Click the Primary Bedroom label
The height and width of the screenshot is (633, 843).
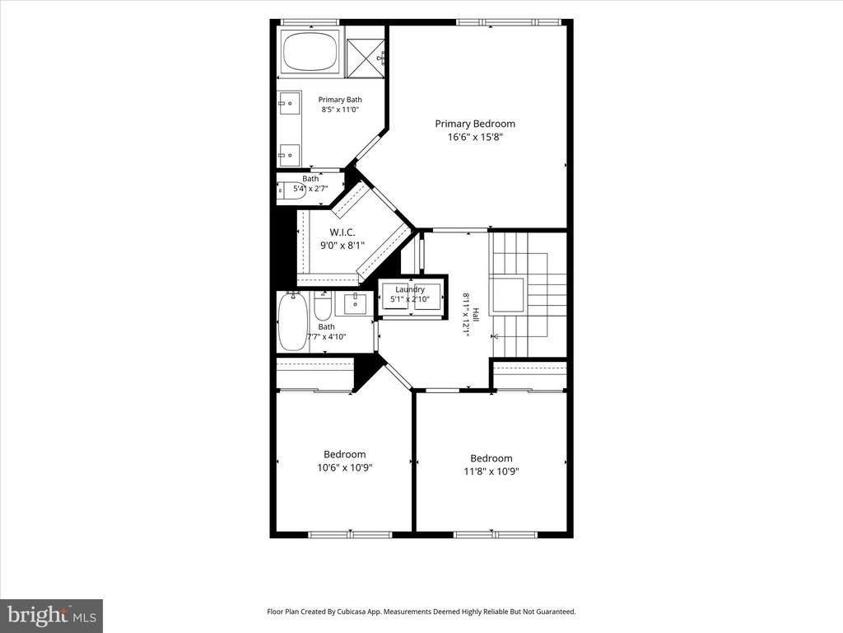[x=475, y=124]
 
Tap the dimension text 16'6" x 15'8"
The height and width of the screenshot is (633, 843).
[x=475, y=137]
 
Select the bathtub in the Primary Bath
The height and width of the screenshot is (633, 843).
[x=310, y=50]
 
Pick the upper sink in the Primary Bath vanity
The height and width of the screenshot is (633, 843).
[x=289, y=102]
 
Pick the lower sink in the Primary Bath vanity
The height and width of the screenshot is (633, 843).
[x=289, y=156]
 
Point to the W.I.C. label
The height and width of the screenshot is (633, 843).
[x=342, y=232]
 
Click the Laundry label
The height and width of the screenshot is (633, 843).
[x=410, y=289]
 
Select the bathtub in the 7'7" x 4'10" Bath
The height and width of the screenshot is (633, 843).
[x=293, y=321]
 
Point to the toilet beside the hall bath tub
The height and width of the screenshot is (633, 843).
[x=323, y=307]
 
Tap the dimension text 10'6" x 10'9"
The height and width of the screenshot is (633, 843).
[x=345, y=467]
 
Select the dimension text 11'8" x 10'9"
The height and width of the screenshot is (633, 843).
[x=491, y=471]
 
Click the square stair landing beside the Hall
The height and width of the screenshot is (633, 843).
[x=506, y=295]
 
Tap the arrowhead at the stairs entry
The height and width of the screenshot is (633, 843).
[x=495, y=337]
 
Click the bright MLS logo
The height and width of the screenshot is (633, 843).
[x=52, y=615]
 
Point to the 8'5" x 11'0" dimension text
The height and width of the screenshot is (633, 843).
[x=340, y=110]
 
